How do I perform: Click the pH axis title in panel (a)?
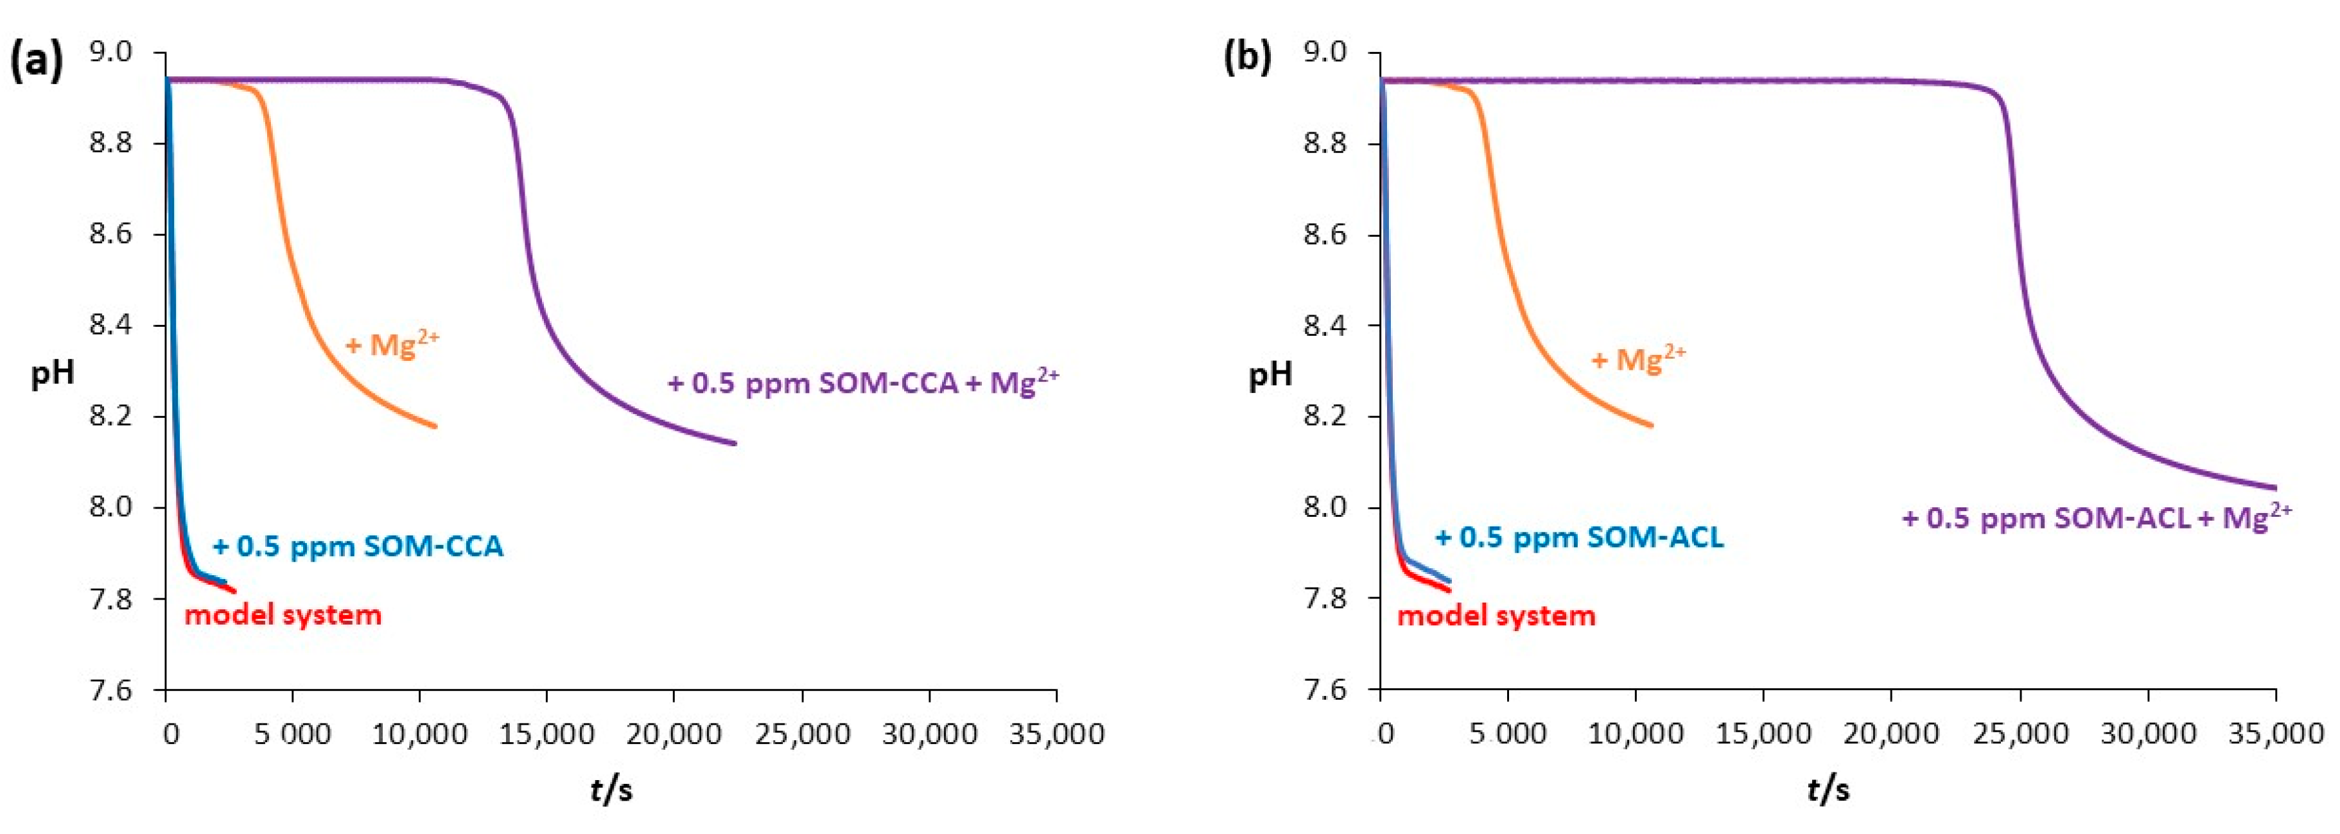tap(53, 372)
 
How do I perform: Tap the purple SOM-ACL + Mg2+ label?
tap(2097, 517)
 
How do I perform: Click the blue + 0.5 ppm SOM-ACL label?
tap(1579, 537)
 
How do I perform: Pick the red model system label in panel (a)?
tap(283, 615)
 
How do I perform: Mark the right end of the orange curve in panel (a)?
tap(435, 426)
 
